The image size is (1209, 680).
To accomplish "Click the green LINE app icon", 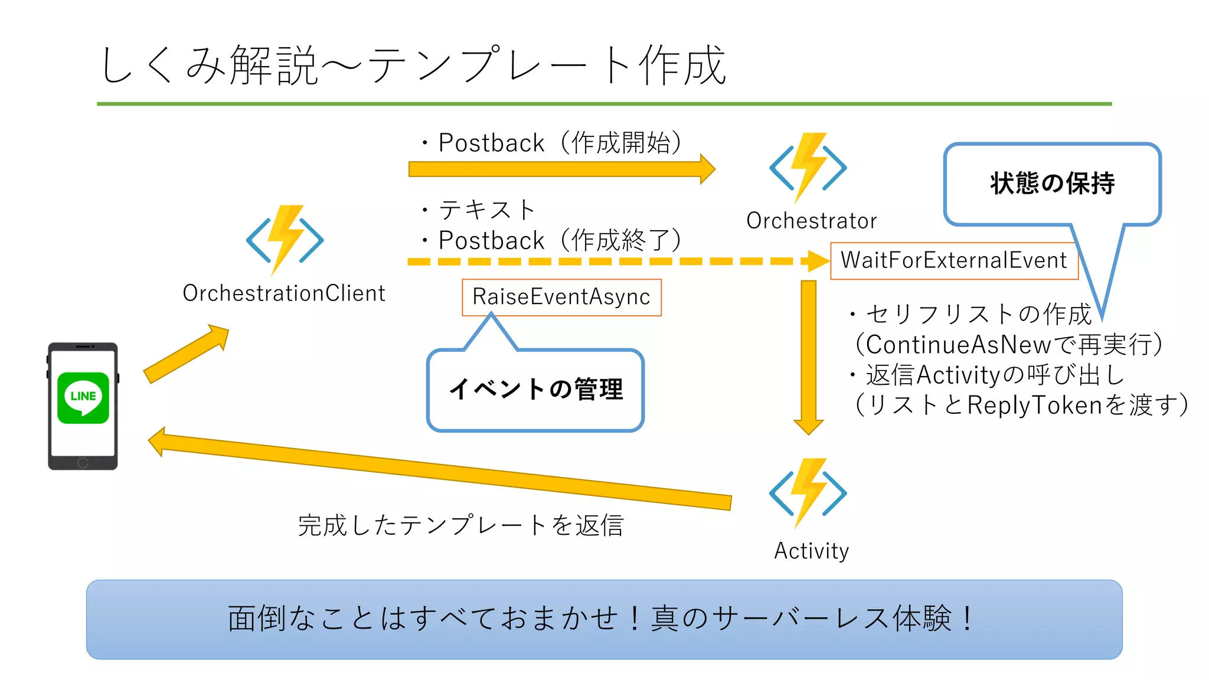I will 83,397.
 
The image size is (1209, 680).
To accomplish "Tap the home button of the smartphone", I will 83,463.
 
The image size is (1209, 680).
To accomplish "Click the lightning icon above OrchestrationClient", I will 285,239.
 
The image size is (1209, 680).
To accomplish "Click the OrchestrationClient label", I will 283,293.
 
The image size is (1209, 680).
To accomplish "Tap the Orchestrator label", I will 811,221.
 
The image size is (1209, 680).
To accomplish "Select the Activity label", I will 811,551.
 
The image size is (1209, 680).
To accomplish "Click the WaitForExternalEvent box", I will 953,260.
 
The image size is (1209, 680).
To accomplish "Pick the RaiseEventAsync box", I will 561,297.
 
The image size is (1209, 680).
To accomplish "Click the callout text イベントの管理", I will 535,390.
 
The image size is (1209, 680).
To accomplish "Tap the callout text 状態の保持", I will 1052,184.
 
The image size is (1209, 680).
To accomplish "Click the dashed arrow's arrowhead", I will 818,261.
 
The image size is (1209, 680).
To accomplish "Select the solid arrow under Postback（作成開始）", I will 561,169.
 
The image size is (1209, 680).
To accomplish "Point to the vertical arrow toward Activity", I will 808,354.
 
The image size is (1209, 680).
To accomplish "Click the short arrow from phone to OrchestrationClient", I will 186,354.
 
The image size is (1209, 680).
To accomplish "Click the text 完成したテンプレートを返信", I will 460,525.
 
